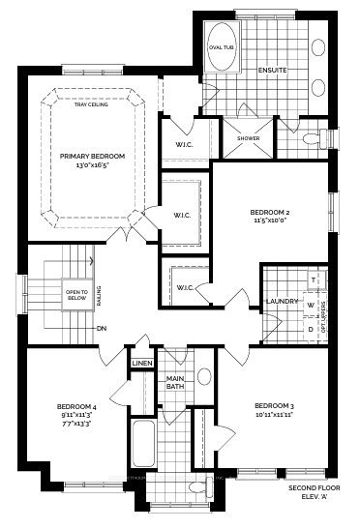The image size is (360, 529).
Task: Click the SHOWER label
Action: (249, 137)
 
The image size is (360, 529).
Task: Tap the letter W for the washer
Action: (311, 304)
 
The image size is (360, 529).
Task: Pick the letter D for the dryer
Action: (311, 329)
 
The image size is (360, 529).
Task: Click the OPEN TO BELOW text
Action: (76, 295)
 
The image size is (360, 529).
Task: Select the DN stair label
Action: (101, 328)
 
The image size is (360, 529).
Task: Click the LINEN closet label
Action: (142, 363)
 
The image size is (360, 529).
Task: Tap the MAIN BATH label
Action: (175, 382)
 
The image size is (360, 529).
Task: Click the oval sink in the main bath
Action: (204, 377)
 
